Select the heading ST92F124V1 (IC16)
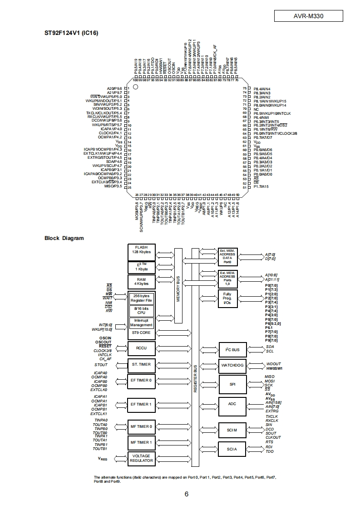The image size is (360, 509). (71, 33)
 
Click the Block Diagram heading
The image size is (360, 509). (64, 238)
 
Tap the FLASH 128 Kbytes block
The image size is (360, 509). (142, 249)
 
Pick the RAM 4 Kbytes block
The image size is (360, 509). (142, 281)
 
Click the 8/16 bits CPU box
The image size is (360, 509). (142, 310)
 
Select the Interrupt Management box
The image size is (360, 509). (142, 323)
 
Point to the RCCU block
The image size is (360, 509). (142, 348)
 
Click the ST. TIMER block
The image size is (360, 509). (142, 364)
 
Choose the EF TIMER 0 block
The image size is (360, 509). (142, 381)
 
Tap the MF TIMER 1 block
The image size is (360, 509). (142, 442)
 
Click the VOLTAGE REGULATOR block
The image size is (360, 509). (142, 458)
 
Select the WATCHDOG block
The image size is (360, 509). (232, 365)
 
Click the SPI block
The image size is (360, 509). (232, 384)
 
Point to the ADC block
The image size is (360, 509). (232, 404)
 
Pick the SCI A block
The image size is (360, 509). (232, 449)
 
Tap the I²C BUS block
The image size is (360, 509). (232, 349)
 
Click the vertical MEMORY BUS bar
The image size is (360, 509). (178, 286)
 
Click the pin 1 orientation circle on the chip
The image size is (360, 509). (135, 86)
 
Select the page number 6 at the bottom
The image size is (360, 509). (187, 494)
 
